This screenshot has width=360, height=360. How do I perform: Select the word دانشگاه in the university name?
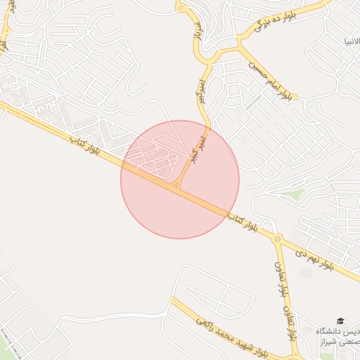(x=330, y=331)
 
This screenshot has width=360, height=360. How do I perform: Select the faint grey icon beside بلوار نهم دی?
(x=304, y=272)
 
